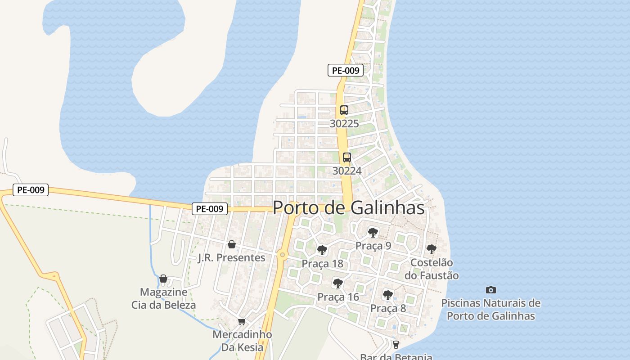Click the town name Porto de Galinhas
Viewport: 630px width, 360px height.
(349, 207)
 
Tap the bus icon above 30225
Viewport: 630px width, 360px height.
(344, 110)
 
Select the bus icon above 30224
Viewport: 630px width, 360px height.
(347, 157)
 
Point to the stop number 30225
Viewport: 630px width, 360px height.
(344, 123)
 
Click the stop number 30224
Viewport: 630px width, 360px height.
(347, 171)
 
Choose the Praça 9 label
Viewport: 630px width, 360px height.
(373, 246)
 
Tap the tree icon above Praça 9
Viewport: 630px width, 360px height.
(373, 233)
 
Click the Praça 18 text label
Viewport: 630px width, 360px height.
(322, 264)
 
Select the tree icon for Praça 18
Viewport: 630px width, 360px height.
(322, 250)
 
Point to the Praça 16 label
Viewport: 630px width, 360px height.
(338, 297)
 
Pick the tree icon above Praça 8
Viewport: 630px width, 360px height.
(387, 295)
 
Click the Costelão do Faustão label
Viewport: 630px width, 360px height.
(432, 269)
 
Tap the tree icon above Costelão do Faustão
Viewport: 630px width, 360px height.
(431, 249)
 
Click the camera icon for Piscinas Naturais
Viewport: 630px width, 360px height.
(491, 290)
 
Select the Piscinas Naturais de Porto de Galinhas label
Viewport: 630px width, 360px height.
(491, 309)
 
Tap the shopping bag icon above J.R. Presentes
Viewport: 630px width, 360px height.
(232, 244)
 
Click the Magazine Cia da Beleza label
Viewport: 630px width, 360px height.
(164, 298)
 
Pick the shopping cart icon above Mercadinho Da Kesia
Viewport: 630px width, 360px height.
(242, 321)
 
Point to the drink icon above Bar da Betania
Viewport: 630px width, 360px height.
(396, 345)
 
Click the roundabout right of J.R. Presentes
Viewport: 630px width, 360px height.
(283, 255)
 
